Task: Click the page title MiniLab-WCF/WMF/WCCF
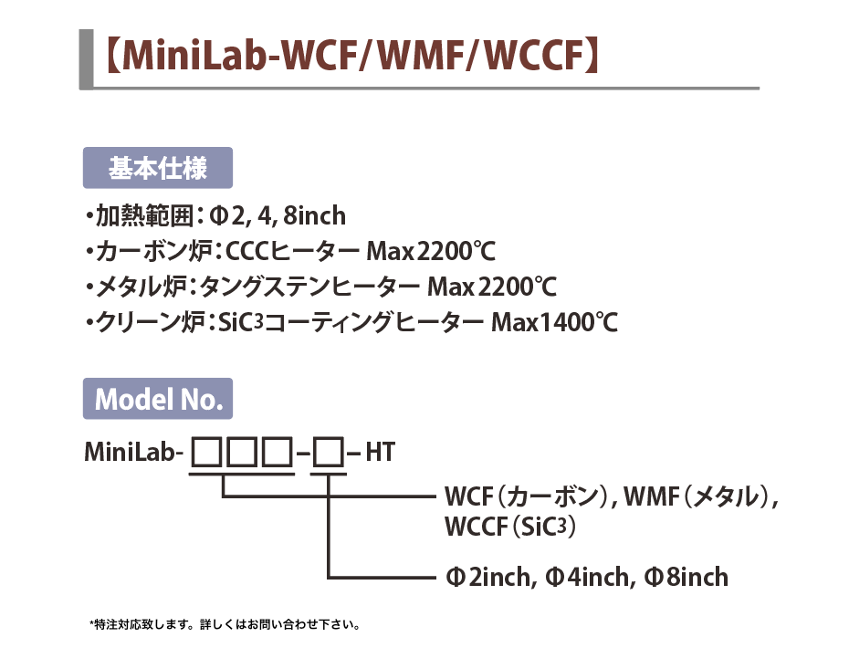(x=352, y=55)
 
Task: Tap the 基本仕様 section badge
(x=158, y=168)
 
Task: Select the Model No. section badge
(x=158, y=399)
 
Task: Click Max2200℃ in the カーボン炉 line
(x=431, y=251)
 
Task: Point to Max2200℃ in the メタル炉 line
(x=492, y=287)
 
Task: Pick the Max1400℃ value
(x=554, y=322)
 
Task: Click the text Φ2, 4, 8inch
(x=278, y=216)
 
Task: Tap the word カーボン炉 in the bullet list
(x=153, y=251)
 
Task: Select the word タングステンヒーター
(x=309, y=287)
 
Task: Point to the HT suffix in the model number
(x=380, y=453)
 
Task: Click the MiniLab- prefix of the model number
(x=131, y=452)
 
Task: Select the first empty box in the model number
(x=207, y=453)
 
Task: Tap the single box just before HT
(x=329, y=453)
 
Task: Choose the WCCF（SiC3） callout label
(x=510, y=527)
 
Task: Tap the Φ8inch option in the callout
(x=686, y=577)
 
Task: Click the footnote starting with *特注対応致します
(x=225, y=624)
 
